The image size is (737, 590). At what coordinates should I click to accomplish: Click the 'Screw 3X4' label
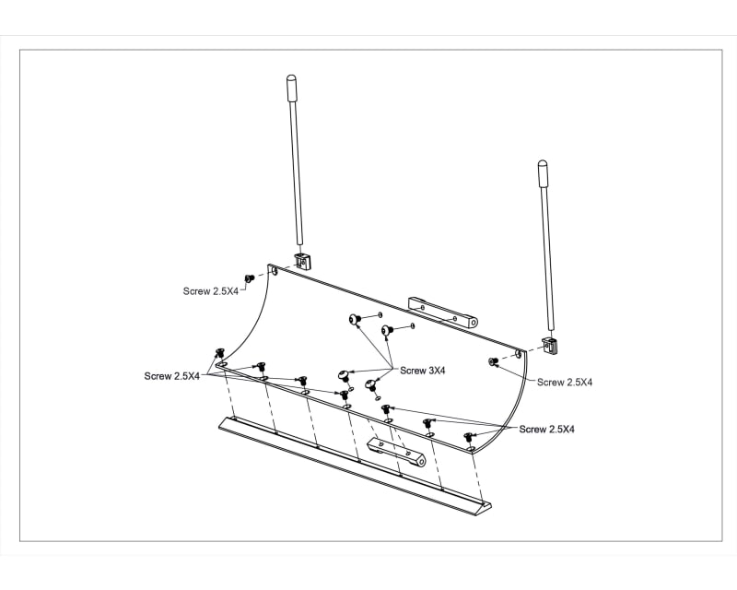[423, 371]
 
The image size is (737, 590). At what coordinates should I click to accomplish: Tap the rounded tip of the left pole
[291, 80]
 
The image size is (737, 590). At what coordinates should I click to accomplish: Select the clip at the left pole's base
[302, 261]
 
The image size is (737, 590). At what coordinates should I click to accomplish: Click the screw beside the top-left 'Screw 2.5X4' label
[249, 278]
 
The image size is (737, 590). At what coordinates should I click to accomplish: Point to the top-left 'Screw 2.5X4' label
[211, 291]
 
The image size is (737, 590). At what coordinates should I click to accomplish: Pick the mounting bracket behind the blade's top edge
[444, 313]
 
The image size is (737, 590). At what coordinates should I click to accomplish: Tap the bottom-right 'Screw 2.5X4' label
[547, 430]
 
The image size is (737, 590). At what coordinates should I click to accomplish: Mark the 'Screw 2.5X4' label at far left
[172, 376]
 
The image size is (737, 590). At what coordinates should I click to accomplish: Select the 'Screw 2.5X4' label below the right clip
[565, 382]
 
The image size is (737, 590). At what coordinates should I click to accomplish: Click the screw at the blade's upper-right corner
[494, 361]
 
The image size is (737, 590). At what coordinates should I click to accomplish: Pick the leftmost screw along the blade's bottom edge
[220, 353]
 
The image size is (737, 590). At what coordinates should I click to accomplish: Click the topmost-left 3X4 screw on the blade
[356, 320]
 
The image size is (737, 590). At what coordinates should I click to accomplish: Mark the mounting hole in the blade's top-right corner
[519, 353]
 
